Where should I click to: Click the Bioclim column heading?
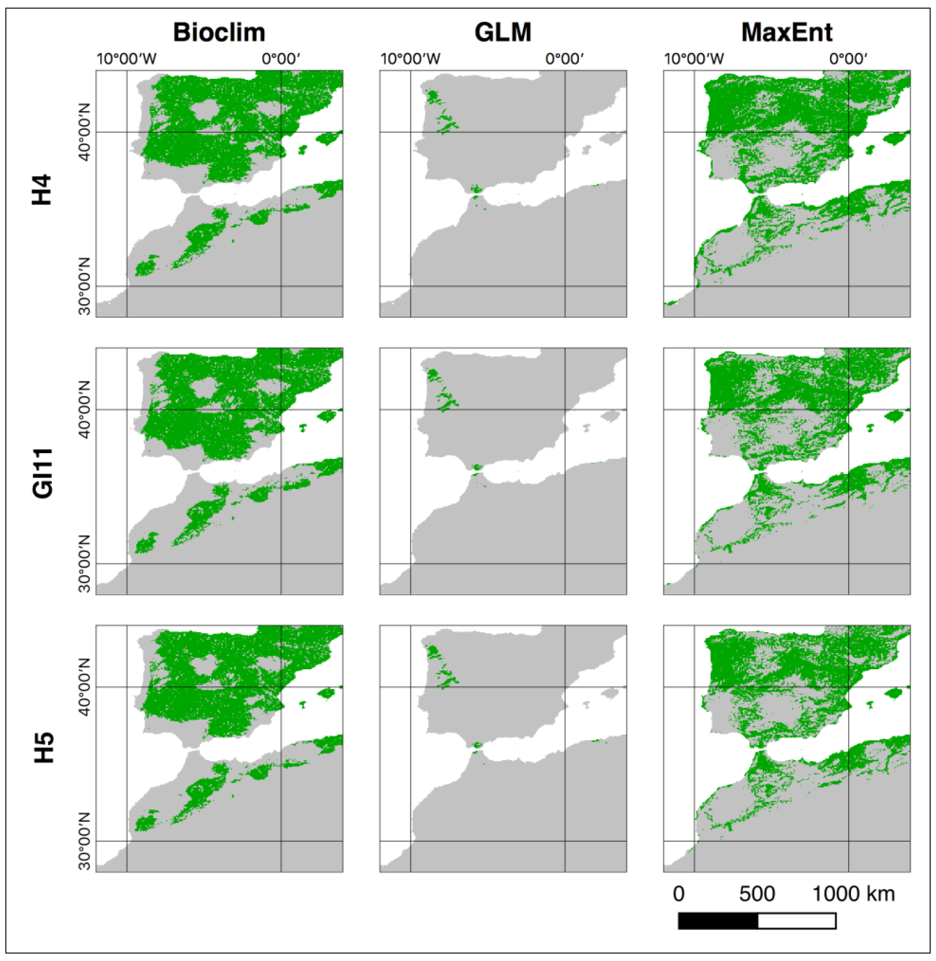pos(219,32)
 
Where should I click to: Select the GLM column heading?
pos(503,32)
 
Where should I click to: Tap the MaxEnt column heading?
pos(787,32)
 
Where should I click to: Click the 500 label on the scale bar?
pos(757,894)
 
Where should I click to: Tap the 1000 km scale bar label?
pos(853,894)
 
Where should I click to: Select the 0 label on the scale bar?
pos(678,894)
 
